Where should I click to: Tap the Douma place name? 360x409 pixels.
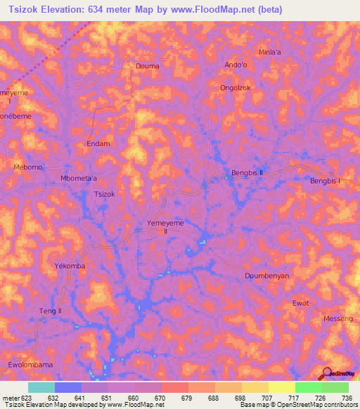point(147,66)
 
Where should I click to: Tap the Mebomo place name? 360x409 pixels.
point(28,167)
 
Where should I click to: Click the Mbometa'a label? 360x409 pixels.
point(79,178)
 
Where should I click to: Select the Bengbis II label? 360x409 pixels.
point(247,172)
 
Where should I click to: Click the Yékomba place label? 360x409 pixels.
point(70,267)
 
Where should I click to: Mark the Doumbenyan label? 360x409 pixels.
point(266,276)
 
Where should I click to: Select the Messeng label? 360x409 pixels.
point(337,318)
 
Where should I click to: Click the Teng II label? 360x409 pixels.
point(51,311)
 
